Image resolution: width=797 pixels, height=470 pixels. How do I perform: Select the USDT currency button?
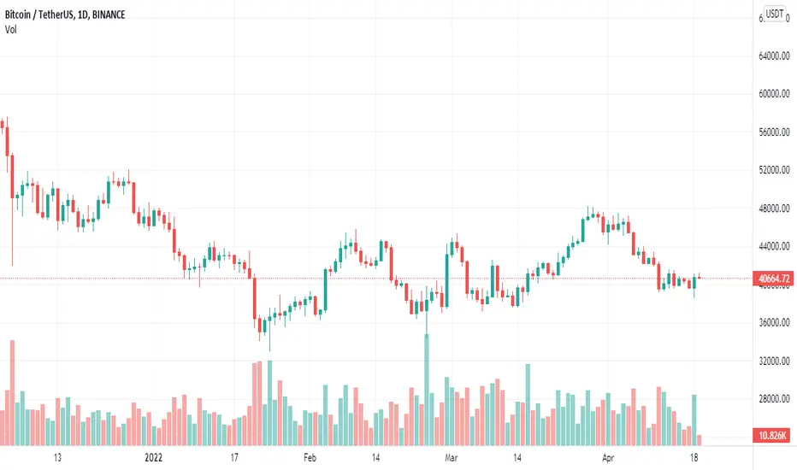[x=775, y=14]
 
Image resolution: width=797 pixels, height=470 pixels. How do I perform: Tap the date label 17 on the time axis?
[x=233, y=458]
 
